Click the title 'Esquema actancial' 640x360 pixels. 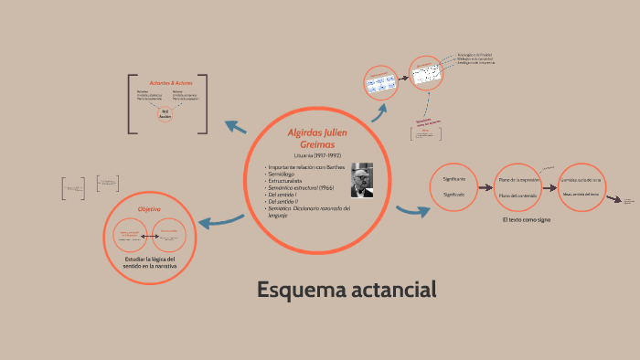pos(347,290)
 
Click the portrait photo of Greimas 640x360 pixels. pos(362,180)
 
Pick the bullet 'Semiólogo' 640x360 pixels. pos(282,175)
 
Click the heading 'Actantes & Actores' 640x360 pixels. pos(167,83)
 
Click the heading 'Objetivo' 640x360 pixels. pos(149,209)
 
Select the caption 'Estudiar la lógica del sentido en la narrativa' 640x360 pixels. pos(149,262)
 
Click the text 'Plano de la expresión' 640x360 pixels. pos(519,179)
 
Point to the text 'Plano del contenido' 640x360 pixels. pos(517,196)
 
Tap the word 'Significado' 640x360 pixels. pos(454,195)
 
